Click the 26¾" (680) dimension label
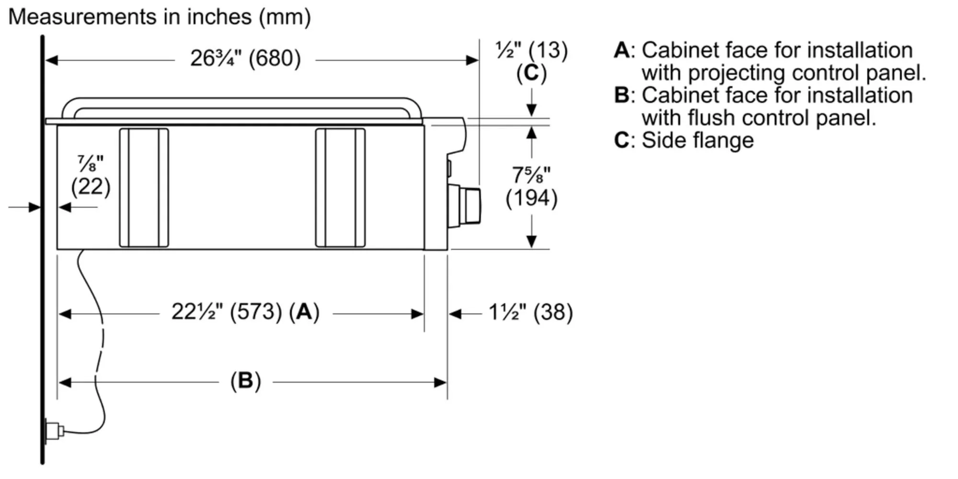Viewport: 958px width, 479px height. click(x=245, y=59)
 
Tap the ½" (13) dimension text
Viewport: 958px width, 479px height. click(x=531, y=50)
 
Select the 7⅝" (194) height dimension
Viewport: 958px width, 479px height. click(x=531, y=187)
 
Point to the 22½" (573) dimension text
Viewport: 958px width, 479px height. click(x=227, y=312)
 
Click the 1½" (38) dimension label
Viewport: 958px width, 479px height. click(x=530, y=312)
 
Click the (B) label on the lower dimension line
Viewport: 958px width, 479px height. click(x=245, y=381)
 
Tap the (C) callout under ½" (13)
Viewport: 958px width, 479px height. click(x=531, y=73)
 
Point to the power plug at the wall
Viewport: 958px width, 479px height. click(x=54, y=430)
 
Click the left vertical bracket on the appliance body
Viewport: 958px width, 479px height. click(x=144, y=188)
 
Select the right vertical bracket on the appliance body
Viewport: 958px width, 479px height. click(x=340, y=188)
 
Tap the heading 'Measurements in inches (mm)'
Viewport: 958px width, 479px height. click(x=160, y=17)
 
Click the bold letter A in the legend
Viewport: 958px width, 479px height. click(x=622, y=50)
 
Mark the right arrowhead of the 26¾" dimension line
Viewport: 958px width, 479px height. click(x=472, y=60)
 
